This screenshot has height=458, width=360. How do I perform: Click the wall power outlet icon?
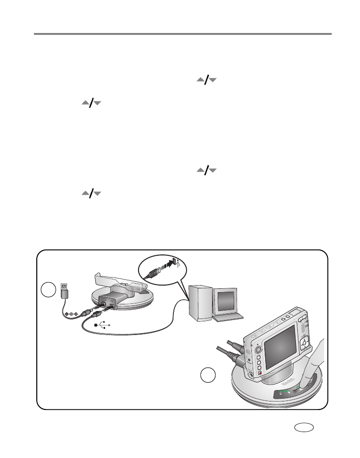tap(65, 286)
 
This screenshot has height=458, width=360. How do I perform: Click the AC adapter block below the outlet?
tap(65, 295)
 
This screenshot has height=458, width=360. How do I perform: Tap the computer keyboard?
tap(228, 318)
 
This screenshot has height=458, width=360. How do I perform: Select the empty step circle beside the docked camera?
tap(207, 376)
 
